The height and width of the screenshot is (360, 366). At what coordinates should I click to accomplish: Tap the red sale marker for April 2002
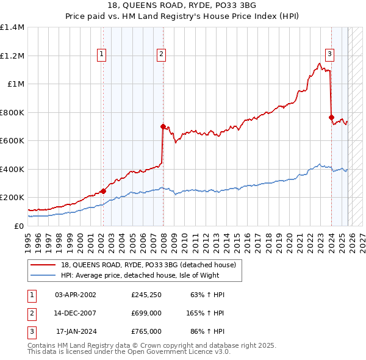pos(103,191)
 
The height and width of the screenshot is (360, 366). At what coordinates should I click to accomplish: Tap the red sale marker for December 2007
pos(163,127)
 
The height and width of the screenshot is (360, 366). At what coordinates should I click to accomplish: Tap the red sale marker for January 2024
pos(331,117)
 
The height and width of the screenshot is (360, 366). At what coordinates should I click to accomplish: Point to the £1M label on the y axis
pos(16,84)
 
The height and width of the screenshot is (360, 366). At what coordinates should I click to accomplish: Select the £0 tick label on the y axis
pos(20,226)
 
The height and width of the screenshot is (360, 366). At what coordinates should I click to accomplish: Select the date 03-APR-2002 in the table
pos(76,295)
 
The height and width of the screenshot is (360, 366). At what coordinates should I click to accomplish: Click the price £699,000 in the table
pos(146,313)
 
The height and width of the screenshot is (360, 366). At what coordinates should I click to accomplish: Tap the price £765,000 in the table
pos(146,331)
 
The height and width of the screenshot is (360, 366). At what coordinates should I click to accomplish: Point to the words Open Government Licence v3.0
pos(183,352)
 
